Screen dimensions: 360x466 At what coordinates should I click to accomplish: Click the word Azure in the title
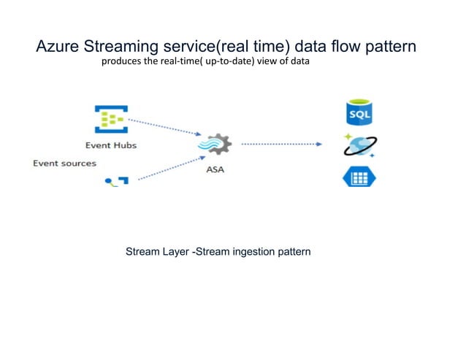click(58, 47)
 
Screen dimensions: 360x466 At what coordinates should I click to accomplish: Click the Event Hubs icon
click(110, 118)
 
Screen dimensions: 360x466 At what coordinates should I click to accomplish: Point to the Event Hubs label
click(110, 145)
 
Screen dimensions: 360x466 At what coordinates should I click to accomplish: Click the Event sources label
click(64, 163)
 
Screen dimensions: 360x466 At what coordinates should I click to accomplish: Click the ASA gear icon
click(216, 146)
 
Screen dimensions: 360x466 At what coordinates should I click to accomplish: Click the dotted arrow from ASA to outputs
click(281, 144)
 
